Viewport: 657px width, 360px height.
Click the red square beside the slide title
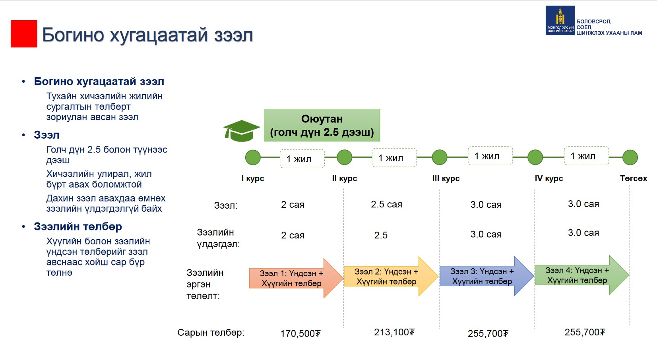[24, 34]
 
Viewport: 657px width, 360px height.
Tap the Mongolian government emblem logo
[560, 20]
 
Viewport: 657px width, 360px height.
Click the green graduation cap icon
[241, 130]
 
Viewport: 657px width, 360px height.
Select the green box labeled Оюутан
[322, 125]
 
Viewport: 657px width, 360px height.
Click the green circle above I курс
[253, 157]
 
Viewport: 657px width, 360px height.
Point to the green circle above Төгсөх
[630, 157]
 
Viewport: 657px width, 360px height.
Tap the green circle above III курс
[439, 157]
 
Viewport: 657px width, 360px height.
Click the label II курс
[344, 178]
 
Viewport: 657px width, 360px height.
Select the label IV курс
[549, 178]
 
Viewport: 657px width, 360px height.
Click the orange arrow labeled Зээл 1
[296, 278]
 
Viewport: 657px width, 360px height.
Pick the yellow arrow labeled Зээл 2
[391, 277]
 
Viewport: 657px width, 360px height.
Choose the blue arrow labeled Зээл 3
[487, 276]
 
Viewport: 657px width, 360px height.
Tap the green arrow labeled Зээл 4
[582, 275]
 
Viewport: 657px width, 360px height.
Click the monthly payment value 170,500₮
[300, 334]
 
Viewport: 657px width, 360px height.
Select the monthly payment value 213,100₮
[394, 332]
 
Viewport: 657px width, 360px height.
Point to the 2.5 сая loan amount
[386, 204]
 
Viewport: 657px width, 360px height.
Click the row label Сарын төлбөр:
[211, 333]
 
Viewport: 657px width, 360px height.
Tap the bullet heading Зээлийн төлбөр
[78, 226]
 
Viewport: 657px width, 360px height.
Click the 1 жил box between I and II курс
[302, 159]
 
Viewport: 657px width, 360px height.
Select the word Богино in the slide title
[73, 35]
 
